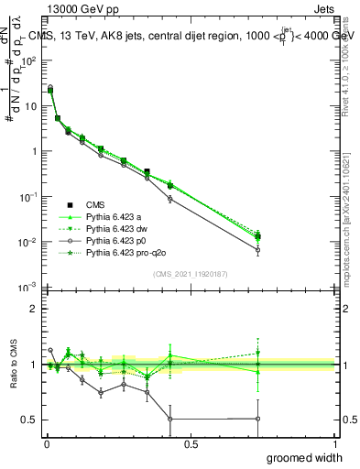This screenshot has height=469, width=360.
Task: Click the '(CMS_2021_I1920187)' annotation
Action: pyautogui.click(x=190, y=274)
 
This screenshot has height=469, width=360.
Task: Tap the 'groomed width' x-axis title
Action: pyautogui.click(x=306, y=457)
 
